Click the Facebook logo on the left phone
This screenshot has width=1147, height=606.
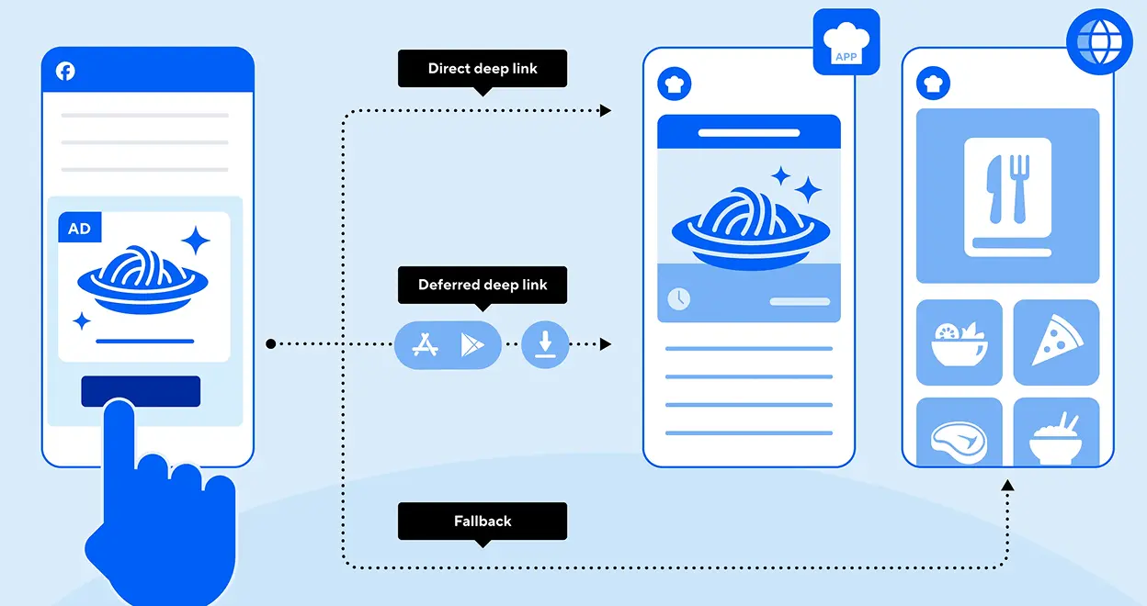[x=65, y=71]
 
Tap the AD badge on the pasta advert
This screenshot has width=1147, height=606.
[x=80, y=228]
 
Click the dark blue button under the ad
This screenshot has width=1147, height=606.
[x=141, y=391]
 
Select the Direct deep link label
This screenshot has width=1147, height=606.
[x=483, y=69]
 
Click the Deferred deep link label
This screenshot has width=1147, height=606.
[x=483, y=285]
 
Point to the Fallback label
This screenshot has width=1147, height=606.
[x=483, y=522]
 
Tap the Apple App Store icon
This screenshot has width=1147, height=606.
[x=425, y=344]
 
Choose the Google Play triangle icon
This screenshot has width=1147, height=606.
[x=472, y=344]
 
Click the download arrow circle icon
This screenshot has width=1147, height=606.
[x=545, y=344]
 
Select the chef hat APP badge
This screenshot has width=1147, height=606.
[x=846, y=42]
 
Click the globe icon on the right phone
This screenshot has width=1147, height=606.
[x=1099, y=41]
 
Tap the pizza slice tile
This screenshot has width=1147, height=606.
[x=1056, y=342]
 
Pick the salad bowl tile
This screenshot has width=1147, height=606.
[x=960, y=342]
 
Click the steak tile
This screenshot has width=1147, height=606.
[x=960, y=432]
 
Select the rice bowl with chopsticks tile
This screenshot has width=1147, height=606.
[x=1056, y=432]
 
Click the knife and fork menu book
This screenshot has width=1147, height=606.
[x=1007, y=197]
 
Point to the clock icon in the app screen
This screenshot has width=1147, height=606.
[x=679, y=299]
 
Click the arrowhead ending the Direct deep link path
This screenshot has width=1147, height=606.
[x=606, y=110]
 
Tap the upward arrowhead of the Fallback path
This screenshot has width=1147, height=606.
[x=1007, y=485]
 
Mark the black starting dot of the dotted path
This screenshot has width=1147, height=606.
[x=271, y=344]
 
